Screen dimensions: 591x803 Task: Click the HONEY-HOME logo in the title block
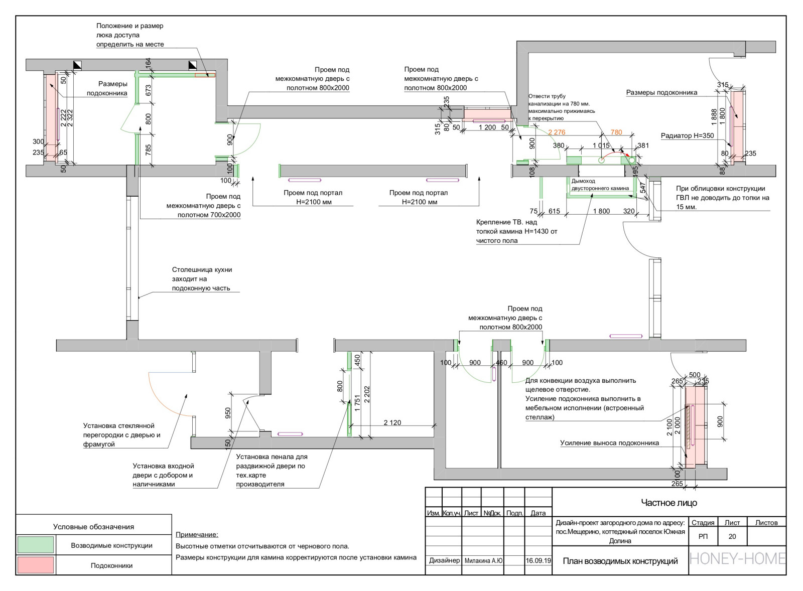[x=737, y=558]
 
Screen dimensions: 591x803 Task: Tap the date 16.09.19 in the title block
[x=538, y=560]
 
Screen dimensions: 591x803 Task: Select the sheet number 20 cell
[x=732, y=536]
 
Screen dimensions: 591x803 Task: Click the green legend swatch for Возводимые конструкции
[x=35, y=545]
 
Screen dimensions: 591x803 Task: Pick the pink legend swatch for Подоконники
[x=35, y=565]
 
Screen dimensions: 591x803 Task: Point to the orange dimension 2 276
[x=556, y=132]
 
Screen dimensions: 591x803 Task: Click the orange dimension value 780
[x=616, y=132]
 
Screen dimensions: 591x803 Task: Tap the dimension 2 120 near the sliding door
[x=392, y=423]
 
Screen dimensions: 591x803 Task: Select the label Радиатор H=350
[x=687, y=136]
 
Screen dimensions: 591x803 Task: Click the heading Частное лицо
[x=669, y=503]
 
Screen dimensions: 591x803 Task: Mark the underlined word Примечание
[x=197, y=535]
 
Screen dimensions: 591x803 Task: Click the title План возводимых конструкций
[x=620, y=561]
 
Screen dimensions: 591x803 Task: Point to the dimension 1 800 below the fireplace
[x=601, y=211]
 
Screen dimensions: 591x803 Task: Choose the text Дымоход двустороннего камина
[x=600, y=185]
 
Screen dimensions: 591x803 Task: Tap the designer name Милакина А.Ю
[x=483, y=561]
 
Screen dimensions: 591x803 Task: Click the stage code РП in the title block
[x=703, y=536]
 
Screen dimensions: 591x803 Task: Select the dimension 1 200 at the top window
[x=487, y=127]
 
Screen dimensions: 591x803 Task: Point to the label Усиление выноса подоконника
[x=609, y=443]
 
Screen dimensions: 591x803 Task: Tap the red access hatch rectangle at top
[x=205, y=75]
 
